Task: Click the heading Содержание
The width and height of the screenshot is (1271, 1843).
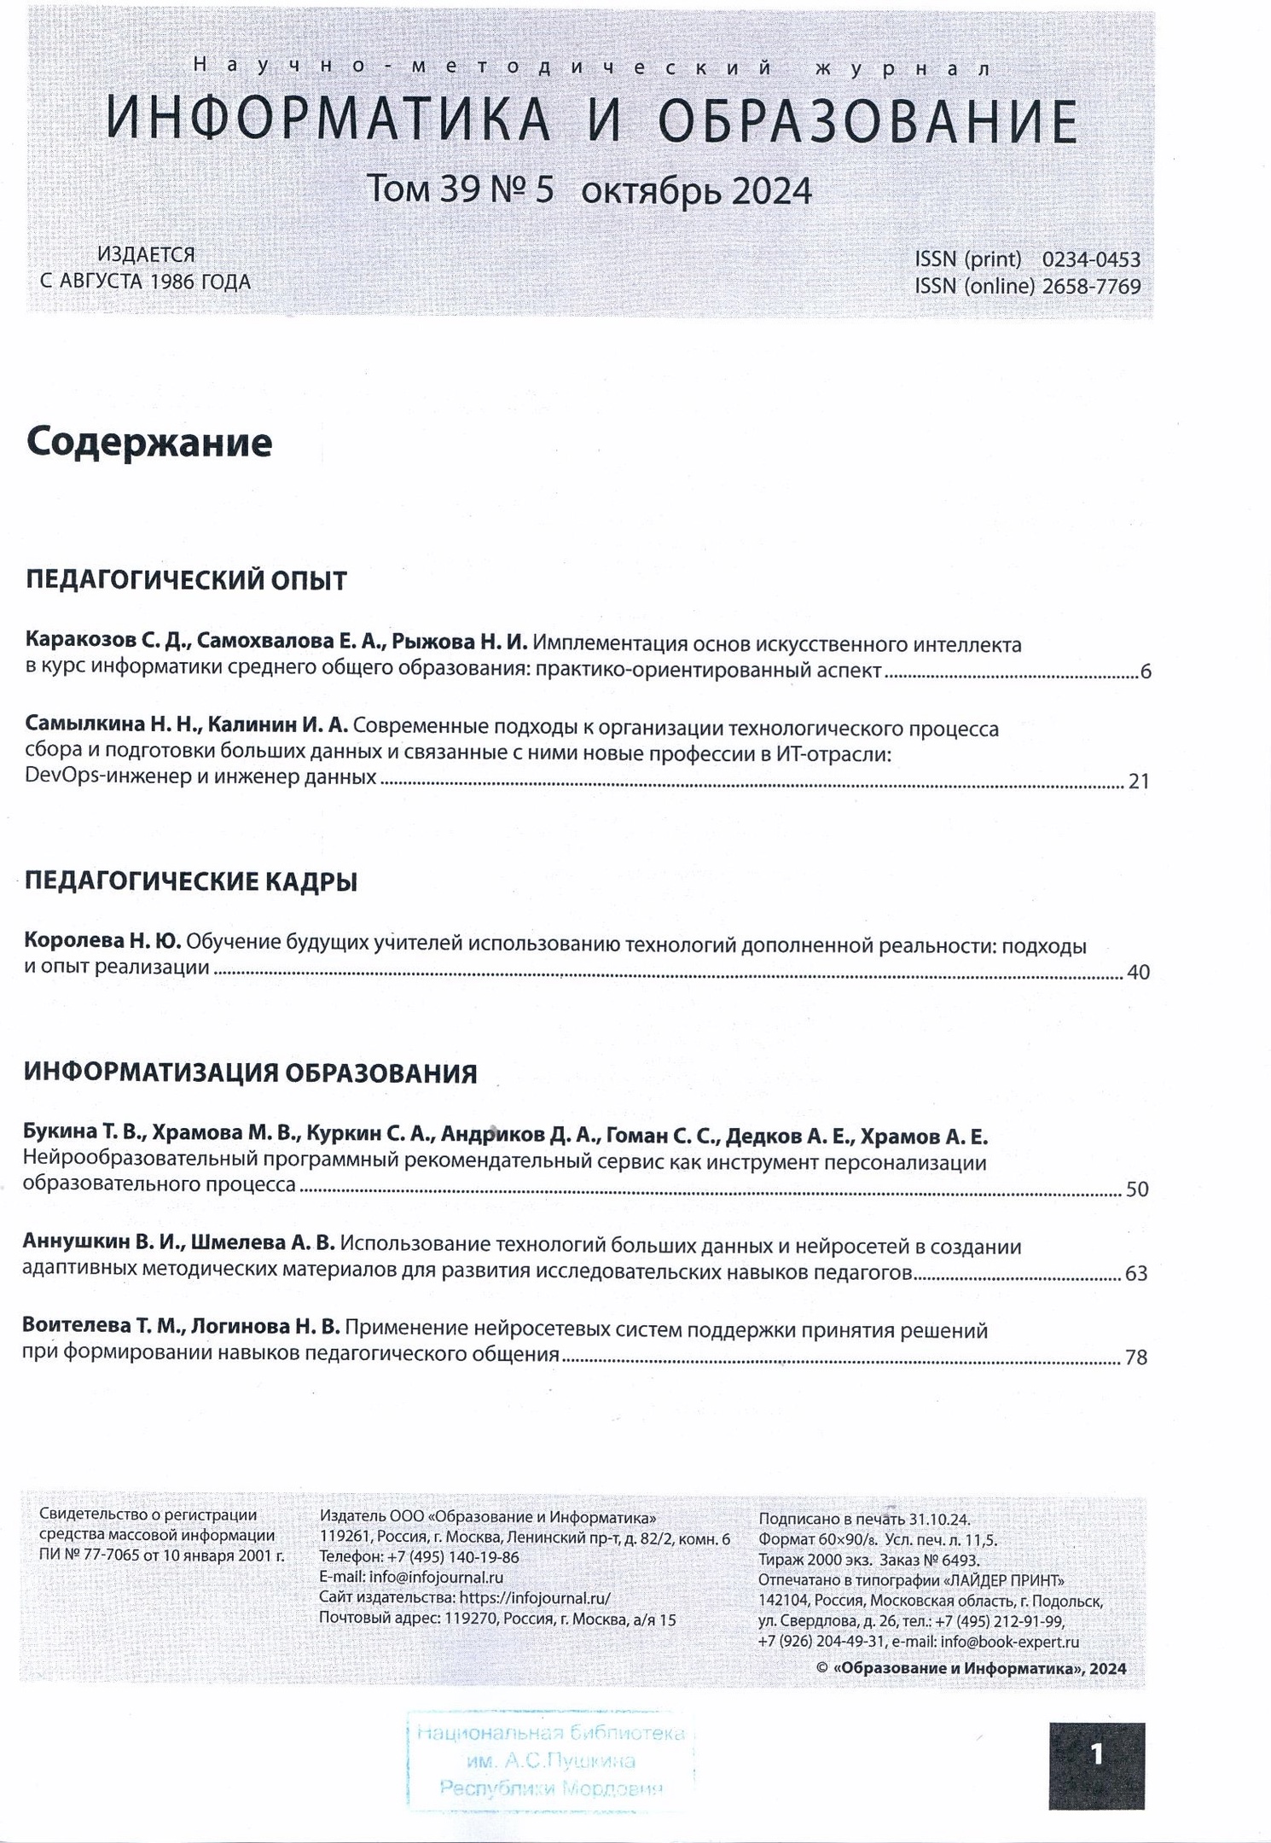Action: click(149, 443)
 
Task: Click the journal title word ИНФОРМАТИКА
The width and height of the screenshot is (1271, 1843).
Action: click(328, 120)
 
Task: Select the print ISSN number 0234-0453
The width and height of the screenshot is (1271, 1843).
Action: click(1091, 259)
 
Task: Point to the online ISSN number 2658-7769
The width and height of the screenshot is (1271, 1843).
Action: click(1091, 287)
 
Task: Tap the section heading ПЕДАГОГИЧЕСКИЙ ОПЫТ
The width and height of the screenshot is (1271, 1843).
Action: click(186, 580)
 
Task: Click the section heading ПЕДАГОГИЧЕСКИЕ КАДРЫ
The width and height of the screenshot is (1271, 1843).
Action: click(190, 881)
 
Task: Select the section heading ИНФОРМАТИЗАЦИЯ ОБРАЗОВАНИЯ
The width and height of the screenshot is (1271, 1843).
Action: click(250, 1073)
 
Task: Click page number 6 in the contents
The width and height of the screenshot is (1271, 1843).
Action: click(1145, 672)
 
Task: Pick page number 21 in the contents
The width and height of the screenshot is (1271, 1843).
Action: click(1139, 781)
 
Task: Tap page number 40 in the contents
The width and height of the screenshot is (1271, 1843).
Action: click(1138, 972)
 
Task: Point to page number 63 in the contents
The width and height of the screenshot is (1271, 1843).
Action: click(1136, 1273)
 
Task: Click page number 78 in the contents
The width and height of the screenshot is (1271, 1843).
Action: click(1135, 1357)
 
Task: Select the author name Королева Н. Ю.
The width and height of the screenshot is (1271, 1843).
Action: click(102, 941)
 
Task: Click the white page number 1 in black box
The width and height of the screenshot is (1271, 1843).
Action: click(1096, 1754)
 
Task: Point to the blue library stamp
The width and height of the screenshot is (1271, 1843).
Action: click(550, 1759)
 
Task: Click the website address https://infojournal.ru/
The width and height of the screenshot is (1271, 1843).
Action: click(535, 1598)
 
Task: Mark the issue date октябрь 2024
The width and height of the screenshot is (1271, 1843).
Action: click(696, 190)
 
